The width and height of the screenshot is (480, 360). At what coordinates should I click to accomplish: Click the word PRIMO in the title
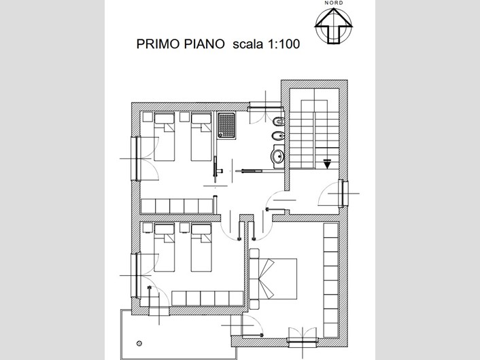point(157,44)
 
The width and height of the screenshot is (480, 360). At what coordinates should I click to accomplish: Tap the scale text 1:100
point(284,44)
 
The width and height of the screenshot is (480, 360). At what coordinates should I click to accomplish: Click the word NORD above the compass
point(334,3)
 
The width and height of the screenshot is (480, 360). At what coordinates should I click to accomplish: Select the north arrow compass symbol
point(334,25)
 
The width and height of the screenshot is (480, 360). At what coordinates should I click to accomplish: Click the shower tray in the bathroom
point(226,125)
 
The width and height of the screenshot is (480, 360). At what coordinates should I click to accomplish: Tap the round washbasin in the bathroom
point(278,157)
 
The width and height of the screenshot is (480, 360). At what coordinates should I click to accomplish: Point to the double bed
point(273,278)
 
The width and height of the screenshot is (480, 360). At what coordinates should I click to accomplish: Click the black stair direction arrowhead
point(327,164)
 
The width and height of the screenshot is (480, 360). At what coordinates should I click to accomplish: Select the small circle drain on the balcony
point(139,344)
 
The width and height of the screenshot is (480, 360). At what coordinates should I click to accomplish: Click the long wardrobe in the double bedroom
point(331,280)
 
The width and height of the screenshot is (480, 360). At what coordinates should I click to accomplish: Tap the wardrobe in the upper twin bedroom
point(177,206)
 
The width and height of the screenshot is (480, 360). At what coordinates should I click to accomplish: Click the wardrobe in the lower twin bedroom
point(207,298)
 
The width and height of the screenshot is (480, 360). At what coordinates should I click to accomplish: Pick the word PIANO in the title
point(204,44)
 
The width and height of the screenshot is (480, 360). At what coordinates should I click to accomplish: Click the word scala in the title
point(247,44)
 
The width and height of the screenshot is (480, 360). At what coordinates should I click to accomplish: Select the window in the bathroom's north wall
point(265,108)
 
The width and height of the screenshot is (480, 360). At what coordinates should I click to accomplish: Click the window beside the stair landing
point(343,194)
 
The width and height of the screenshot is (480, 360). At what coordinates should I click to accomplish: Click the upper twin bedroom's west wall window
point(135,158)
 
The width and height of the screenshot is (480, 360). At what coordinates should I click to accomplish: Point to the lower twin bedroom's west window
point(135,275)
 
